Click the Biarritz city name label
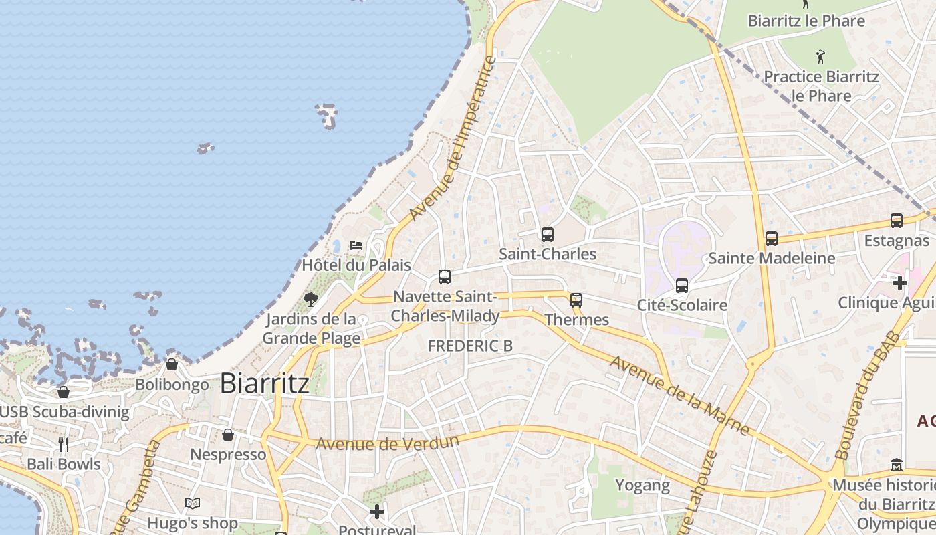[x=264, y=383]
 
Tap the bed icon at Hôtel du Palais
[x=356, y=245]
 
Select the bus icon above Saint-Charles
[x=548, y=235]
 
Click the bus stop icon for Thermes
[x=576, y=300]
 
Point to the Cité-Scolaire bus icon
[x=682, y=286]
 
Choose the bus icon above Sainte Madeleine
[x=772, y=239]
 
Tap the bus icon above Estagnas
[x=897, y=221]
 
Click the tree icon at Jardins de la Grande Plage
[x=310, y=299]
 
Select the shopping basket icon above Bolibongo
[x=172, y=364]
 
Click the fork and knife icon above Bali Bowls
[x=64, y=445]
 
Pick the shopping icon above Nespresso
[x=228, y=435]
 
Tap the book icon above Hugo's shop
[x=193, y=504]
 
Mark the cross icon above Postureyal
[x=377, y=512]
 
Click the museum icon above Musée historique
[x=897, y=465]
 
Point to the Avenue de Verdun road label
[x=387, y=443]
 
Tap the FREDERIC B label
[x=470, y=346]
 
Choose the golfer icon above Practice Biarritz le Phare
[x=821, y=57]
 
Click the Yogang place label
[x=642, y=485]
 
